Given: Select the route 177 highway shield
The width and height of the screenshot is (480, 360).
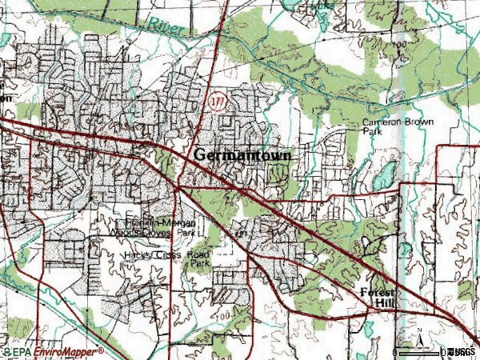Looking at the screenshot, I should [216, 102].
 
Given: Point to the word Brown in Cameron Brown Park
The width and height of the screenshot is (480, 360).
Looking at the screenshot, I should [416, 122].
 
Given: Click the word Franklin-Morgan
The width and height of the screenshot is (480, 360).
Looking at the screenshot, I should [160, 222].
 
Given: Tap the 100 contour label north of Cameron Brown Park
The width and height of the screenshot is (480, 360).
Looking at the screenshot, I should [399, 46].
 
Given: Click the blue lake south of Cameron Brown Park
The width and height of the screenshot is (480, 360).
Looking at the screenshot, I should [386, 174].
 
